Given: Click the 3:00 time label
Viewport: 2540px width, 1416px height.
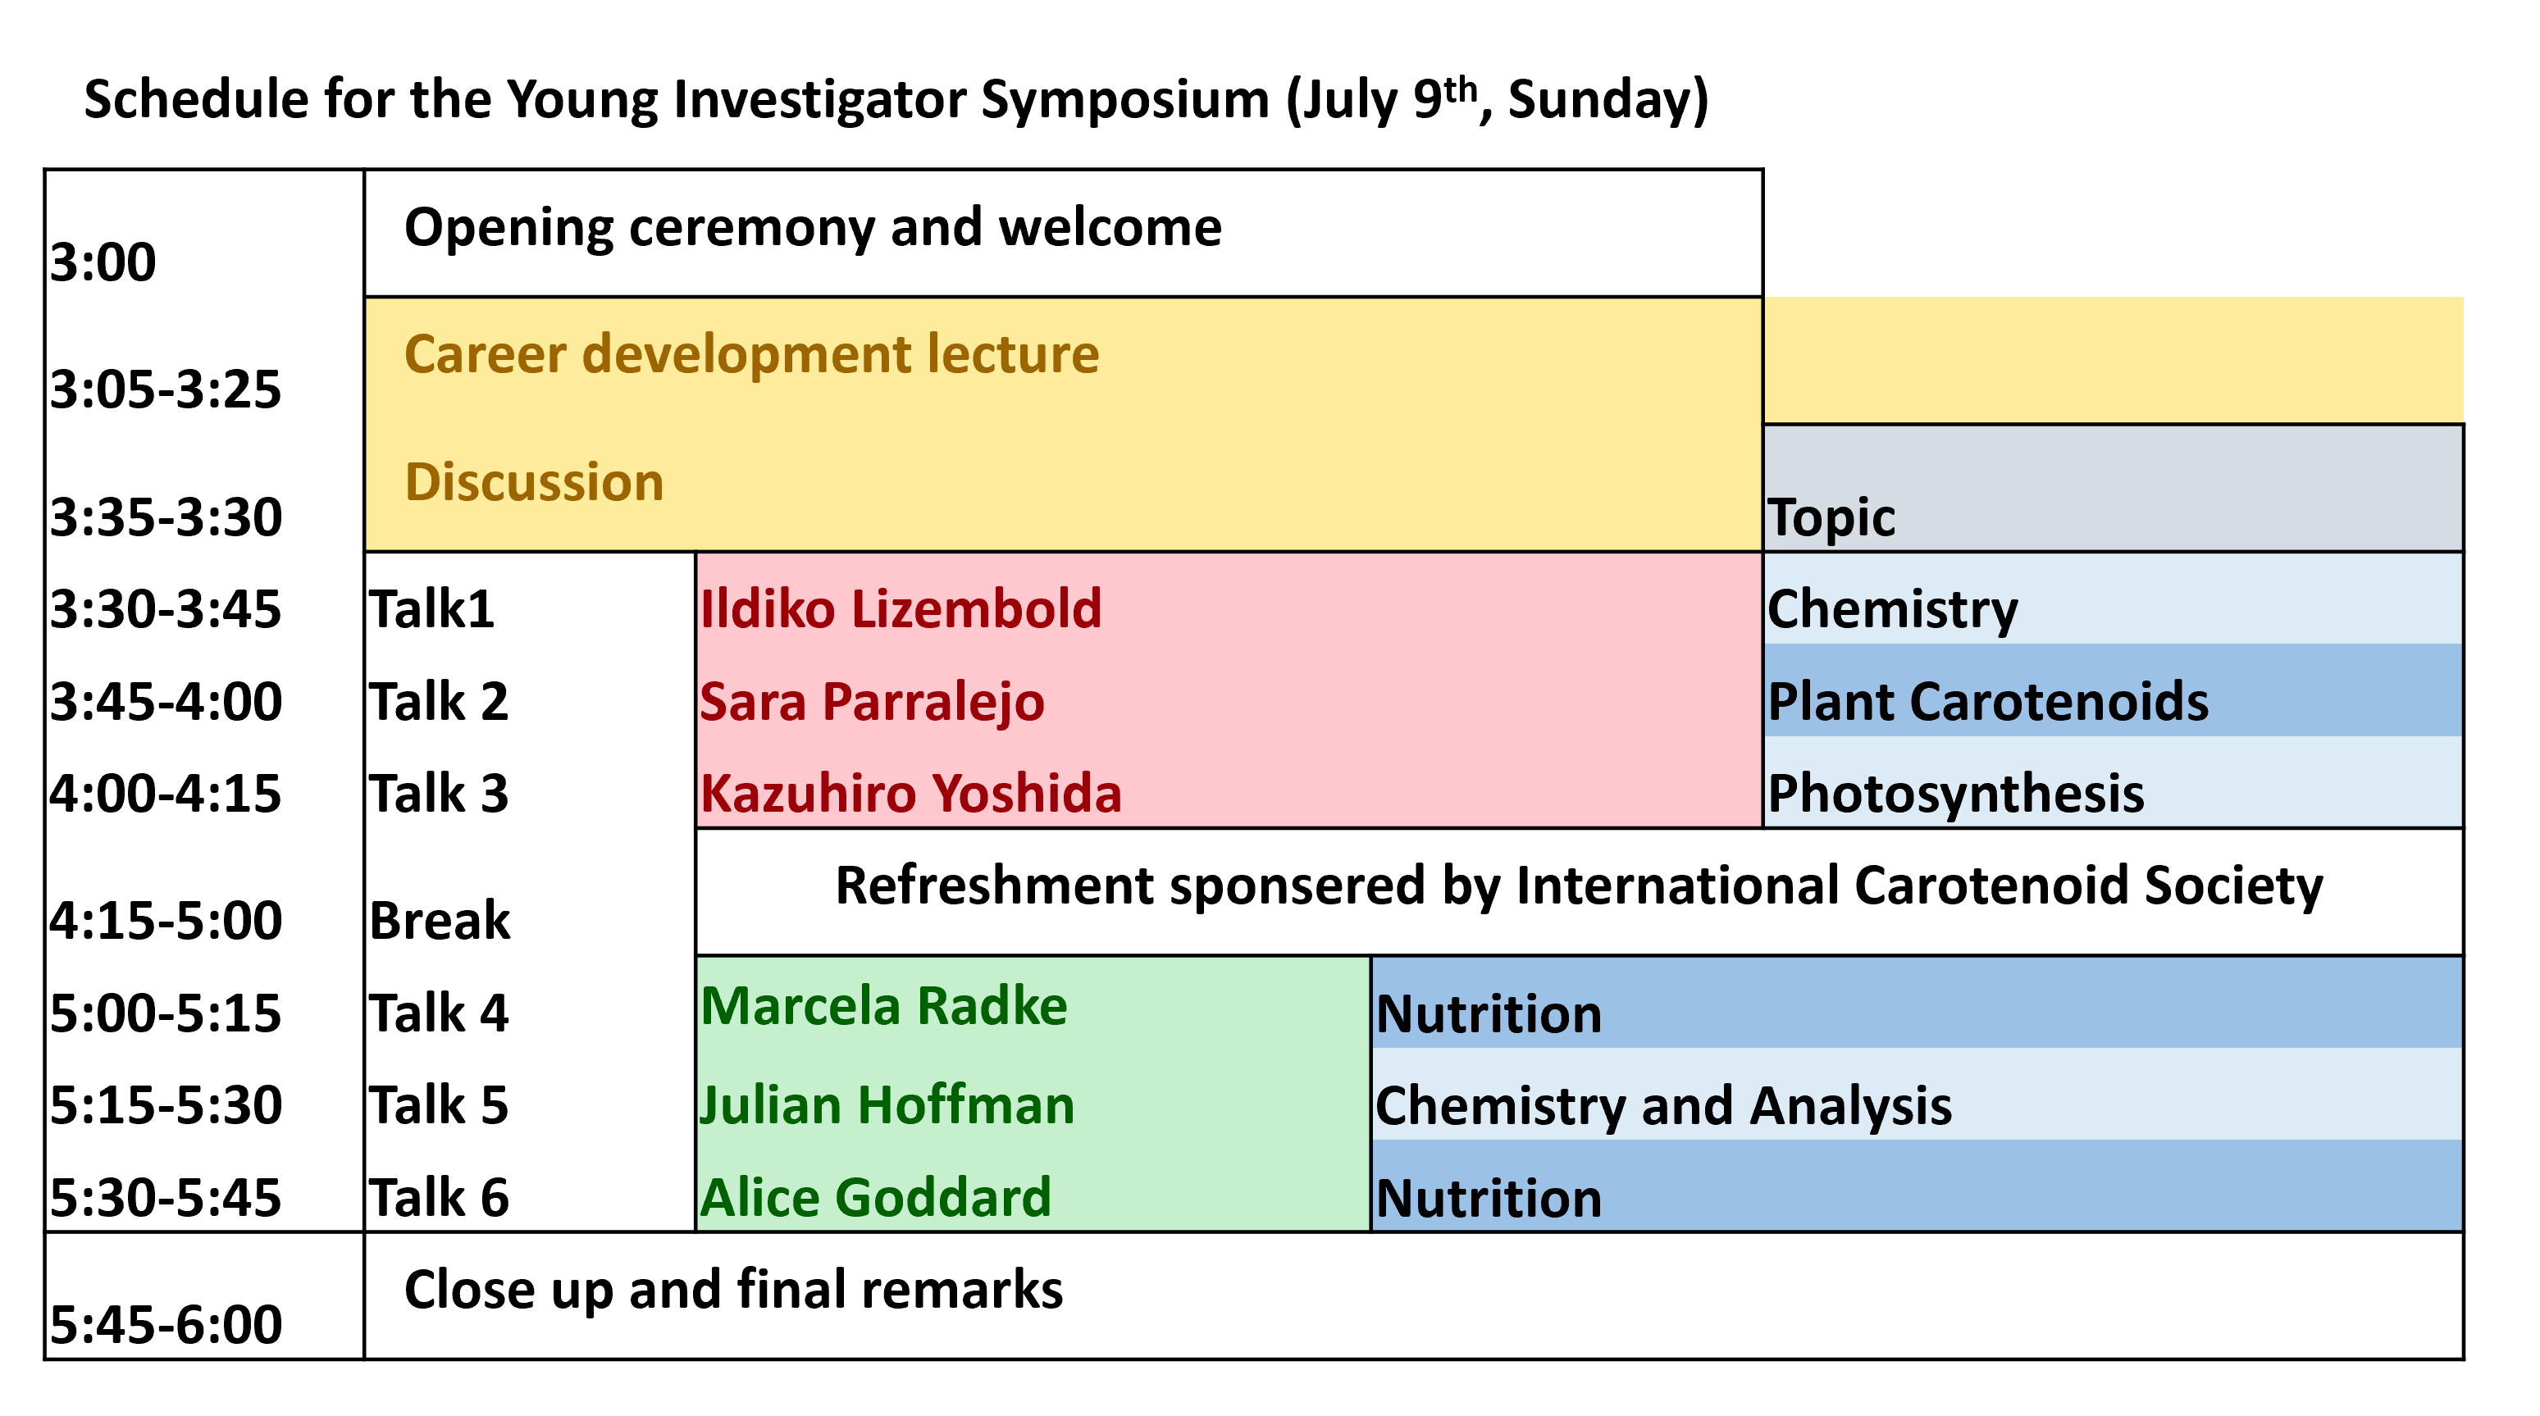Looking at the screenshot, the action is pos(103,262).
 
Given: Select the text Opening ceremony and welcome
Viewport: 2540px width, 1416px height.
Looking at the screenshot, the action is pos(813,229).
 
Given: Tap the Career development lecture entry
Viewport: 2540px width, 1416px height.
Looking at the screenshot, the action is pos(751,356).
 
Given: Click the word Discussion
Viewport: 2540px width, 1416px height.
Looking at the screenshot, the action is pos(535,481).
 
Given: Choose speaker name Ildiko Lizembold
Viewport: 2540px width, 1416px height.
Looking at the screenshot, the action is pos(901,608).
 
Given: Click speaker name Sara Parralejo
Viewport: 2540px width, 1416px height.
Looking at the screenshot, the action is pos(873,702).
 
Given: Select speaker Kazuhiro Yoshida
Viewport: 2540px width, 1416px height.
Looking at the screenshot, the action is pos(911,794).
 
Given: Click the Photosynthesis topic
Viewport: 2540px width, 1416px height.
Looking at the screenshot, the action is pos(1955,795).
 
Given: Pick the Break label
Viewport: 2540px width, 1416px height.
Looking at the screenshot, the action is pos(440,921).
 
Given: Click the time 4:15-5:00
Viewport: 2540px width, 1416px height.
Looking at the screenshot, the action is pos(166,921).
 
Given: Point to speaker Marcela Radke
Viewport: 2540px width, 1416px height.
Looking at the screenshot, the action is pos(884,1007).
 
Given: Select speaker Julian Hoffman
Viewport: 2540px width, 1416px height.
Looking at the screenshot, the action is pos(887,1105).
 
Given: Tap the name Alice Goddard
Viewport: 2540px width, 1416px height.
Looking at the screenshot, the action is pos(876,1198).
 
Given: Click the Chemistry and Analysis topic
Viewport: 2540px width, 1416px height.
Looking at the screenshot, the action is pos(1663,1106).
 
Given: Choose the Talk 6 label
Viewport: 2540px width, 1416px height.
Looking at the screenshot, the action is pos(439,1198).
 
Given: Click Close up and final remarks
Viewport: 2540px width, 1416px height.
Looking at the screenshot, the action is pos(733,1290).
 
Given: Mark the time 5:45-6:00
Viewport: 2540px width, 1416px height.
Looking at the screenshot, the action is pos(166,1324).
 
